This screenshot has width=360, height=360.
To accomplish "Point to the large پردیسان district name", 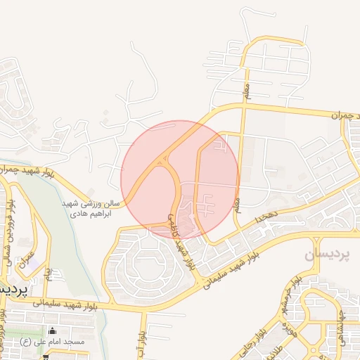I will tap(331, 255).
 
